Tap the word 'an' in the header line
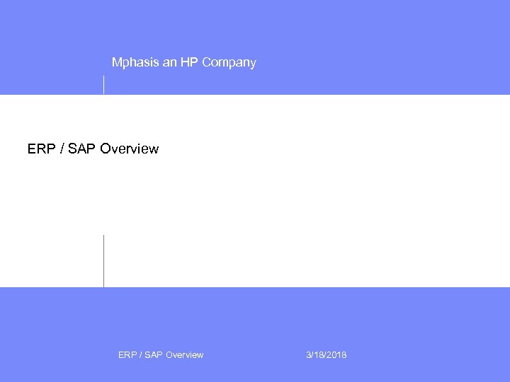pyautogui.click(x=170, y=63)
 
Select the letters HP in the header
pyautogui.click(x=190, y=63)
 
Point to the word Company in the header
pyautogui.click(x=229, y=63)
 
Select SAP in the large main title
pyautogui.click(x=81, y=149)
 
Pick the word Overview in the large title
pyautogui.click(x=130, y=149)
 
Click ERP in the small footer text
pyautogui.click(x=127, y=355)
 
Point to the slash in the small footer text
pyautogui.click(x=140, y=355)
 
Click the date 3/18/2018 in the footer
pyautogui.click(x=327, y=355)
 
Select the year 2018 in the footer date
pyautogui.click(x=337, y=355)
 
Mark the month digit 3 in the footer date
pyautogui.click(x=309, y=355)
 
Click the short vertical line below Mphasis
pyautogui.click(x=104, y=84)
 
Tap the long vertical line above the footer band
pyautogui.click(x=104, y=260)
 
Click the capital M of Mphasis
pyautogui.click(x=117, y=63)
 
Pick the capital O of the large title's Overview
pyautogui.click(x=106, y=149)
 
